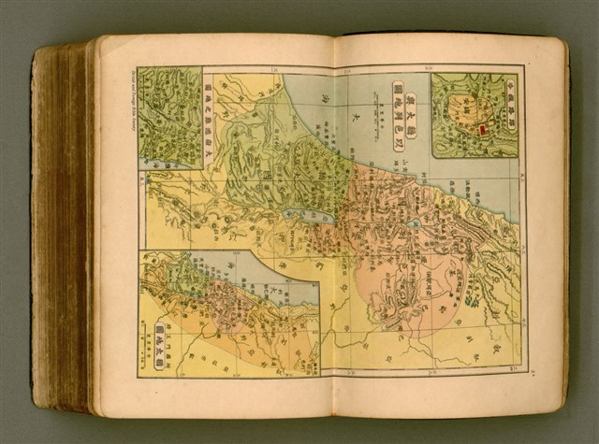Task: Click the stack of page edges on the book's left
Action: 66,224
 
